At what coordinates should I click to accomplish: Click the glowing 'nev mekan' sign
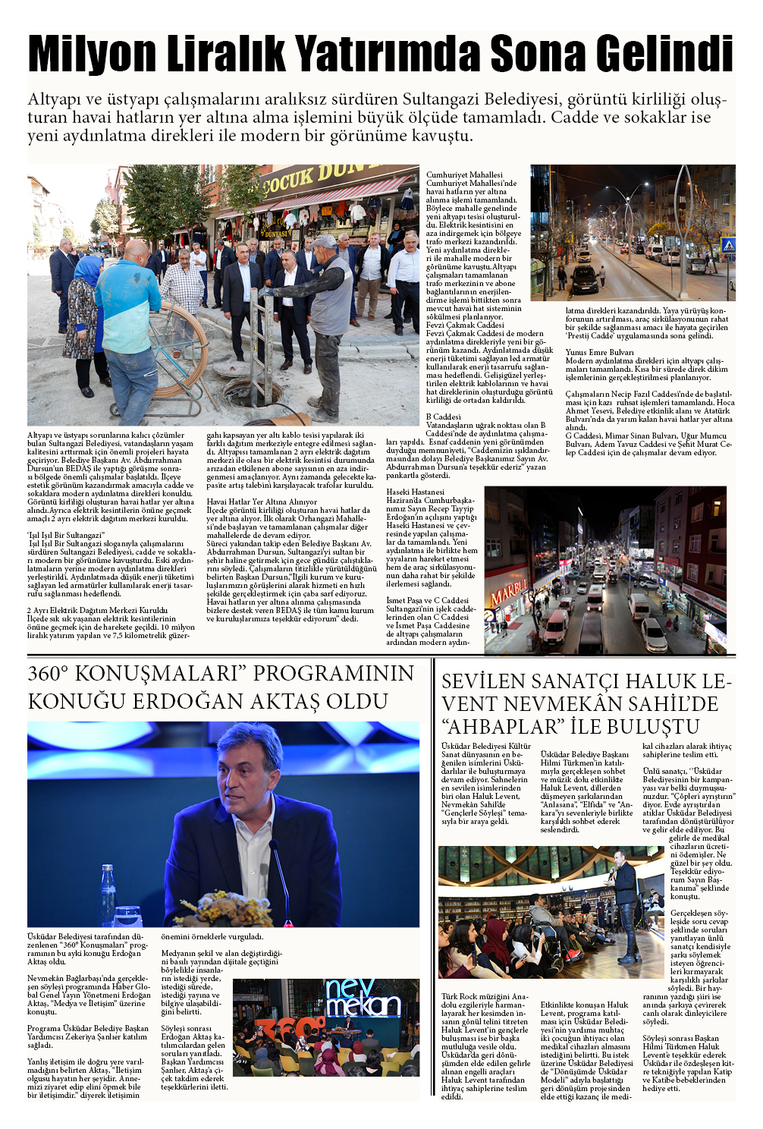point(363,998)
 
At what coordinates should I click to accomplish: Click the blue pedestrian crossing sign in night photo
point(727,245)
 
